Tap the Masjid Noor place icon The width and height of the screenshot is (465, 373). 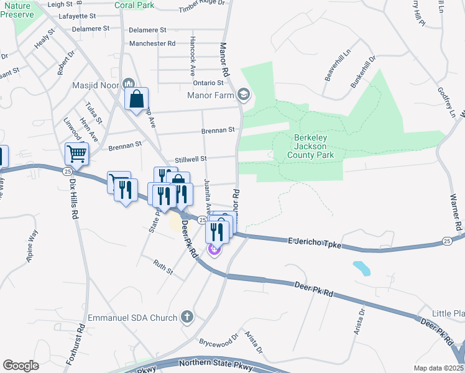click(129, 83)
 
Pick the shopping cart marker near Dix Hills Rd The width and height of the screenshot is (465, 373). click(76, 153)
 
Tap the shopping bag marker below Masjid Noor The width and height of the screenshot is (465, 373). click(137, 98)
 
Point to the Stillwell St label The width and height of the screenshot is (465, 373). click(190, 159)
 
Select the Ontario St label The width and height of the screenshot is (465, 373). click(207, 83)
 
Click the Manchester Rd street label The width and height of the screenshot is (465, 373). click(152, 44)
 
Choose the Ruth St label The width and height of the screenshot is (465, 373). click(163, 265)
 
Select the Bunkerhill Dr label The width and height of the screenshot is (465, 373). click(363, 72)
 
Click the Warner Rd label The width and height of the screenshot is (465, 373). click(456, 202)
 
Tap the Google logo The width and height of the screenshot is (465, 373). click(21, 366)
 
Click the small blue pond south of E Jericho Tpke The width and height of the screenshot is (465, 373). click(361, 269)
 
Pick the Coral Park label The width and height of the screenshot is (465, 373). click(134, 5)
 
